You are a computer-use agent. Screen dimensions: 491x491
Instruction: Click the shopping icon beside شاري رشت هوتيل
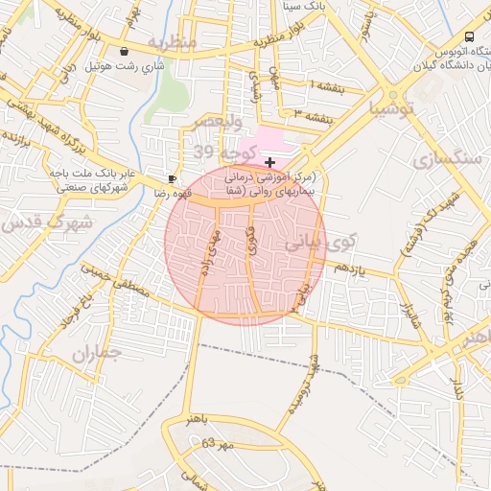point(125,52)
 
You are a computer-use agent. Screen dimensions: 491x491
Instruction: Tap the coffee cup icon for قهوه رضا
point(173,178)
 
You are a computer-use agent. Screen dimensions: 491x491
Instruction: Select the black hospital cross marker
point(269,163)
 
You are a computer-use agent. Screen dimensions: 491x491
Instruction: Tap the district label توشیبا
point(415,109)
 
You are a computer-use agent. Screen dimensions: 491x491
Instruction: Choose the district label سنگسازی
point(446,159)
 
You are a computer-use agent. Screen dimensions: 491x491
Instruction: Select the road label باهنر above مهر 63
point(175,420)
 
